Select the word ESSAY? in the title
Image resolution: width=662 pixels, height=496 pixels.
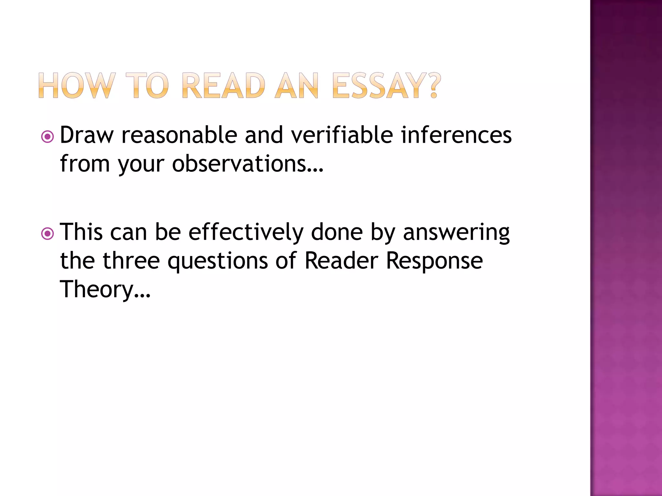click(x=387, y=86)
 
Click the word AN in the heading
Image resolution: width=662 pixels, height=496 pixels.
click(x=297, y=86)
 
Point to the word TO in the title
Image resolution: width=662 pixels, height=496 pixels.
click(x=147, y=86)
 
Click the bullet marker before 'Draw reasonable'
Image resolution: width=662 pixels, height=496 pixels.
click(x=48, y=137)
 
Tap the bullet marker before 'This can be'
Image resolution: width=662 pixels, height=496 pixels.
click(x=48, y=234)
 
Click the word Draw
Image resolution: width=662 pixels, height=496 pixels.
click(x=87, y=135)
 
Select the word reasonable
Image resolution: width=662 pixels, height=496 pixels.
click(x=179, y=135)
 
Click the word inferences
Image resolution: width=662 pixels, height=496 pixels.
click(x=456, y=135)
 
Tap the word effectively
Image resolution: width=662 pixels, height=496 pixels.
click(x=246, y=232)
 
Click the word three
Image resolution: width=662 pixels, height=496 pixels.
click(x=131, y=261)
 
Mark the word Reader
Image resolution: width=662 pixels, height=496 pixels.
click(x=341, y=261)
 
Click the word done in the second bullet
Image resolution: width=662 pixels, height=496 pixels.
click(x=337, y=232)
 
